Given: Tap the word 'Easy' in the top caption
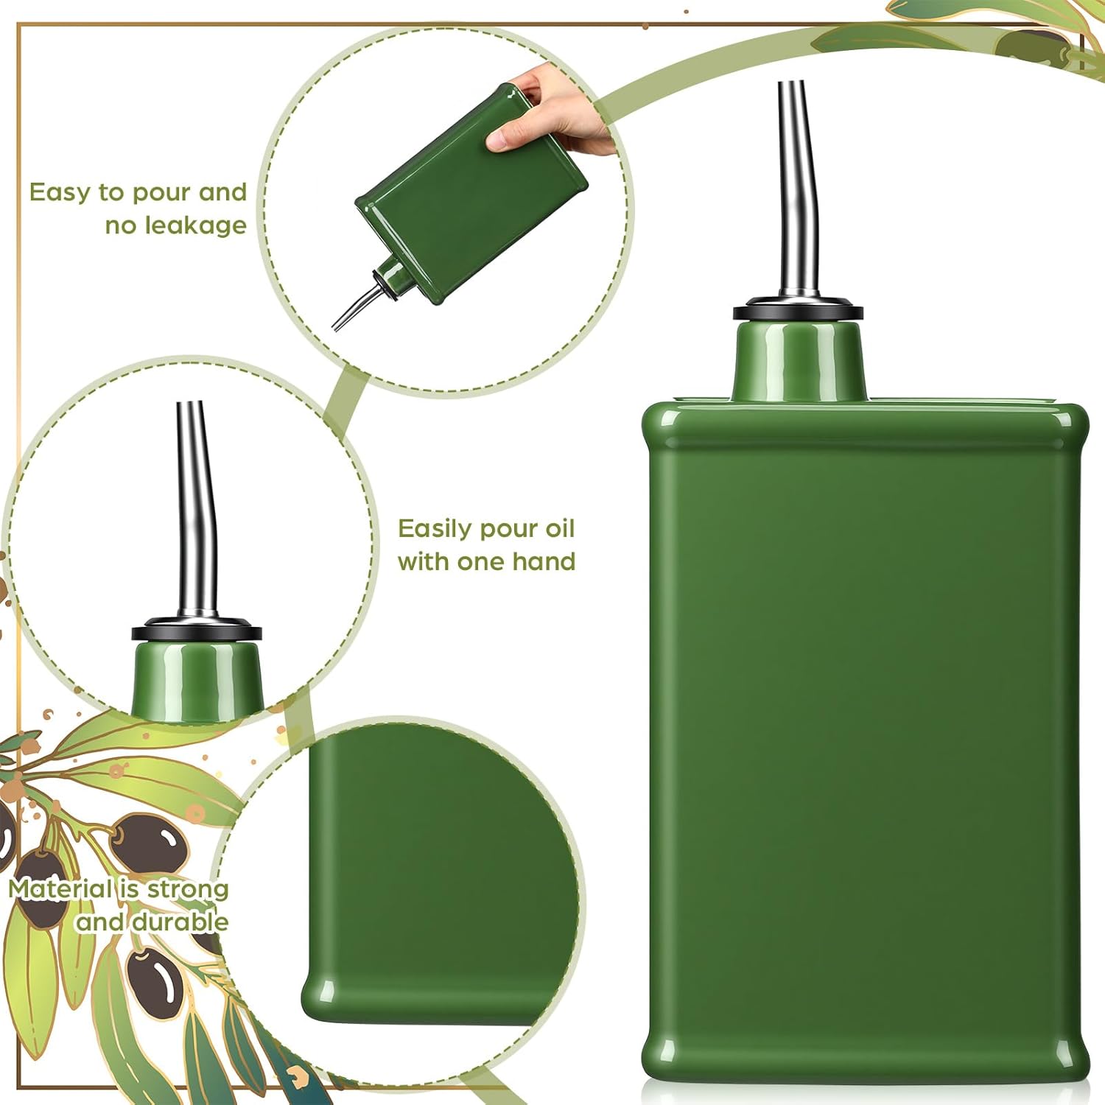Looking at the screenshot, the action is coord(60,194).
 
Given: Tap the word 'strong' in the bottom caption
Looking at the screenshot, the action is coord(188,890).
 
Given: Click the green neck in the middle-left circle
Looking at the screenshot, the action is coord(197,678).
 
